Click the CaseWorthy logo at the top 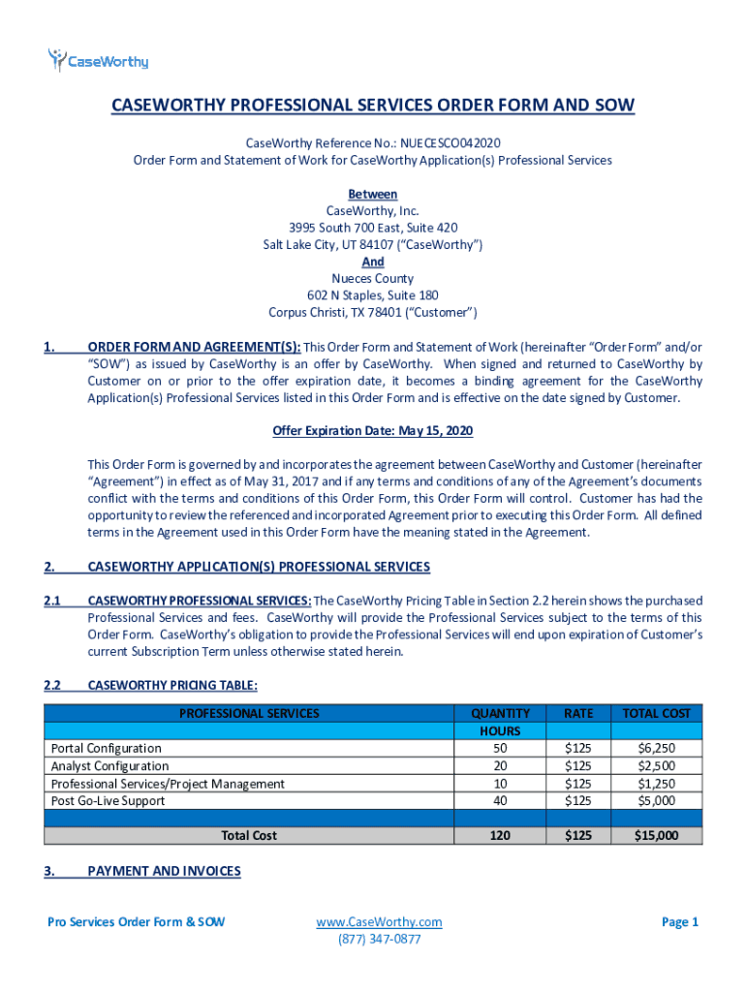pyautogui.click(x=98, y=61)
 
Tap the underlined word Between pyautogui.click(x=372, y=194)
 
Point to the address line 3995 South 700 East pyautogui.click(x=373, y=228)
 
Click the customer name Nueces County pyautogui.click(x=373, y=278)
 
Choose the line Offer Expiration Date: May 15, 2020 pyautogui.click(x=373, y=430)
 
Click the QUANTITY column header pyautogui.click(x=500, y=713)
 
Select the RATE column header pyautogui.click(x=578, y=713)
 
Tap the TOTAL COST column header pyautogui.click(x=656, y=713)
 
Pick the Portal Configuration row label pyautogui.click(x=107, y=748)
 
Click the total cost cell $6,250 pyautogui.click(x=657, y=748)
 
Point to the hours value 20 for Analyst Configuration pyautogui.click(x=500, y=765)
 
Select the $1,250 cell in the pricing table pyautogui.click(x=657, y=783)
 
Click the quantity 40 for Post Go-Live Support pyautogui.click(x=500, y=800)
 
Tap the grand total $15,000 pyautogui.click(x=656, y=835)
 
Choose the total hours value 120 pyautogui.click(x=500, y=835)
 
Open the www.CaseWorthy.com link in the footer pyautogui.click(x=379, y=921)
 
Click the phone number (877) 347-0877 pyautogui.click(x=379, y=939)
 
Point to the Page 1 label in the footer pyautogui.click(x=679, y=921)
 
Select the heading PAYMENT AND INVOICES pyautogui.click(x=164, y=871)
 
